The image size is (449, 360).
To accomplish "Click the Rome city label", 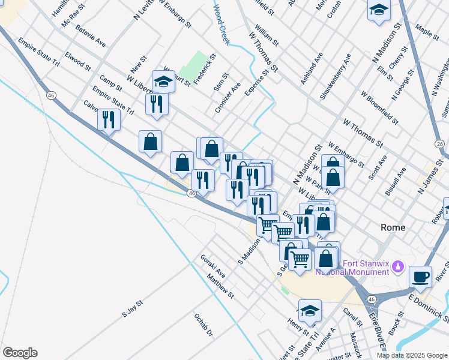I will [x=393, y=227].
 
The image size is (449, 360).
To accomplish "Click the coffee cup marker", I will [x=420, y=277].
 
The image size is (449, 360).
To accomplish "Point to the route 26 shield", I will [x=440, y=144].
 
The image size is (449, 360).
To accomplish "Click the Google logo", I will [x=20, y=353].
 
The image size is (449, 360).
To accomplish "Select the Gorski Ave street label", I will [x=212, y=266].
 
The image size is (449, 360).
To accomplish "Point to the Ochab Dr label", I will [x=203, y=325].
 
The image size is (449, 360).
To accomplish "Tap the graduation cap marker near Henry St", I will [x=310, y=311].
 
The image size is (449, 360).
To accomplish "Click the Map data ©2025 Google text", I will [x=411, y=355].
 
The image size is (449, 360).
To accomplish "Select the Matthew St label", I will [x=220, y=286].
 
